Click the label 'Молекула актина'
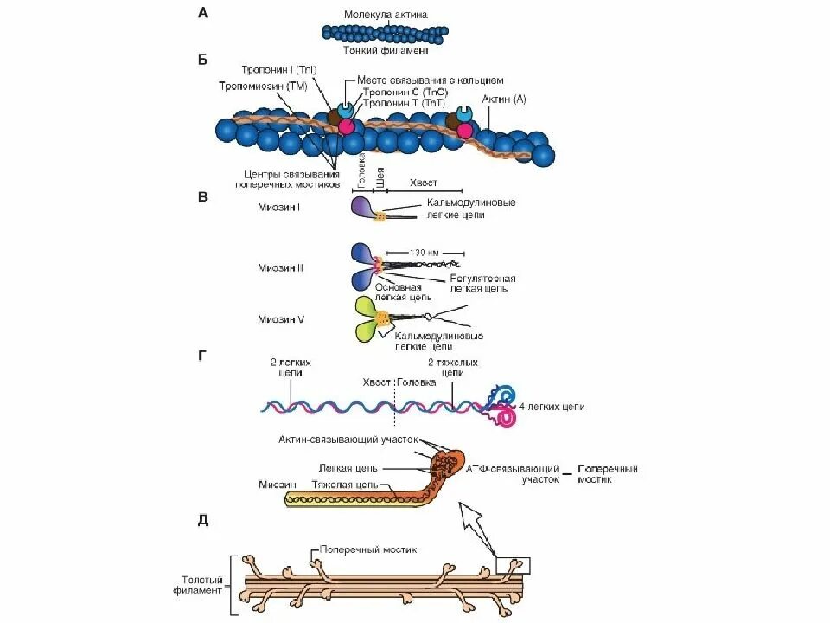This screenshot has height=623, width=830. pos(385,16)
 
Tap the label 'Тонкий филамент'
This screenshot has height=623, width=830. pos(386,51)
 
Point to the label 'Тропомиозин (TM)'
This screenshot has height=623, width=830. pos(262,86)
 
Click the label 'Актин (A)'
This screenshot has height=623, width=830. pos(507,100)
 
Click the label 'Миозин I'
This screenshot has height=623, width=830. pos(278,207)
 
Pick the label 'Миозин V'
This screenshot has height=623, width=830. pos(280,318)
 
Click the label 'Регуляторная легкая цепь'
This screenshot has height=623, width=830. pos(482,284)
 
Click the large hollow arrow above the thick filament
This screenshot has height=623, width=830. pos(478,527)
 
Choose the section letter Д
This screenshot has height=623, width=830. pos(202,520)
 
